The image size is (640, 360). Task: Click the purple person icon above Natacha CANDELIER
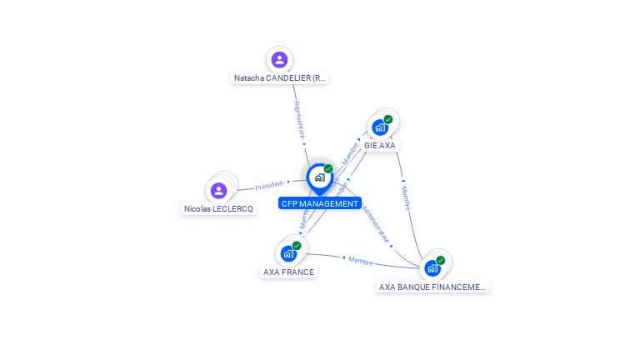click(279, 60)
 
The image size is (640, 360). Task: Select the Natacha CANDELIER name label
click(279, 78)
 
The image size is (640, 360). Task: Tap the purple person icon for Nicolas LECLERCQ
click(219, 191)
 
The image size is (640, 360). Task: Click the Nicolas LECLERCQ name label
click(219, 209)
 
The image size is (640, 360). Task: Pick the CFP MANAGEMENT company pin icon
click(319, 177)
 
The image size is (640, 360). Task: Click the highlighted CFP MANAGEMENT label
click(320, 203)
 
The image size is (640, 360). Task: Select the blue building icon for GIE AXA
click(380, 127)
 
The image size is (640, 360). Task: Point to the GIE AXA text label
click(380, 145)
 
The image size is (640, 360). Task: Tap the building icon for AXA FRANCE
click(288, 253)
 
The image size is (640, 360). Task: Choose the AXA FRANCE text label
click(288, 272)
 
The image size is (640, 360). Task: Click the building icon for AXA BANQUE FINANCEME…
click(432, 268)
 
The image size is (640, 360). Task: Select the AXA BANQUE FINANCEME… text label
click(432, 287)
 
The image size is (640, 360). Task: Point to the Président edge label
click(269, 185)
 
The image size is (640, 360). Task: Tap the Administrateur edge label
click(377, 224)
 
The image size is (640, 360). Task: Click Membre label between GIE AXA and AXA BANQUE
click(406, 197)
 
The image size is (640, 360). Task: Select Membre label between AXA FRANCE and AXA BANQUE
click(361, 261)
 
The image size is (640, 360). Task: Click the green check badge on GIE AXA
click(388, 119)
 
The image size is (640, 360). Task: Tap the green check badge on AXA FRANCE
click(297, 245)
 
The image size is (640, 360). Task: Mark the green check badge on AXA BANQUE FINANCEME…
click(441, 260)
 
